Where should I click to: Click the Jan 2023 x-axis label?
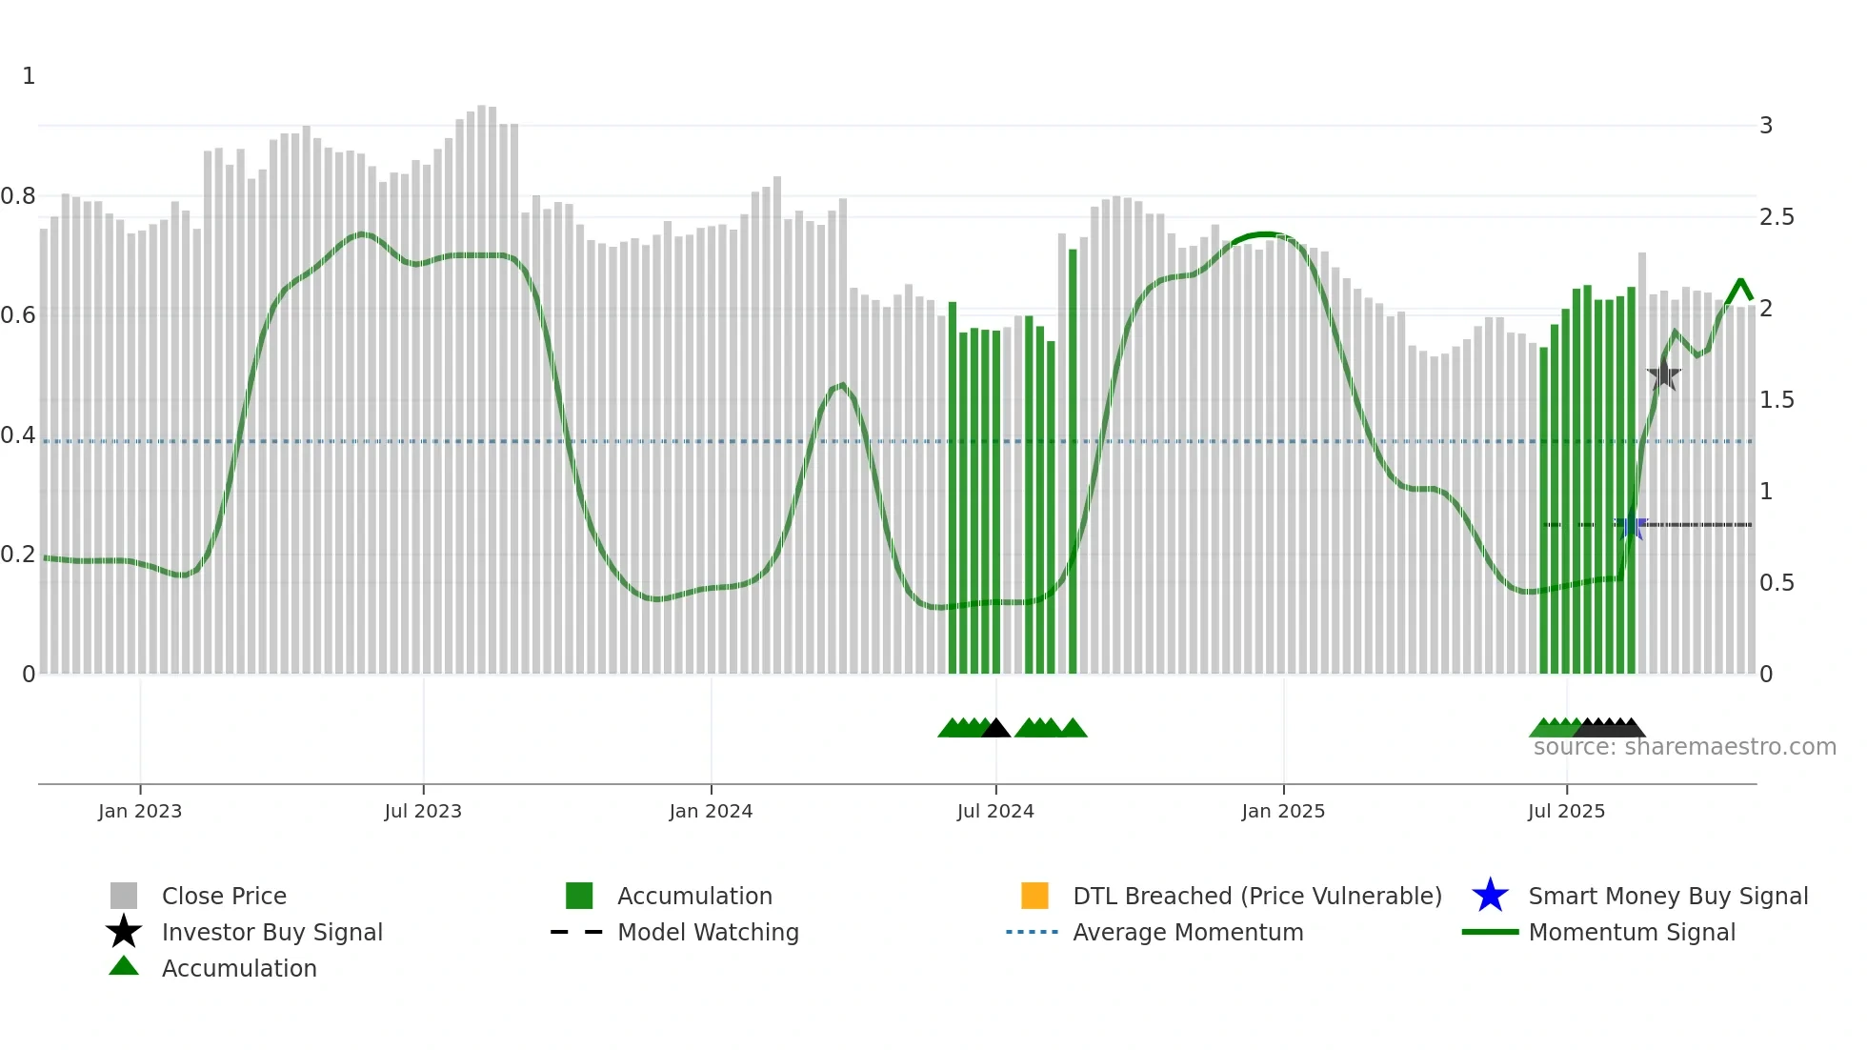[x=139, y=811]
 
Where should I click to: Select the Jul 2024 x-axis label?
[x=994, y=811]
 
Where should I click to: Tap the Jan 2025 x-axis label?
[x=1282, y=811]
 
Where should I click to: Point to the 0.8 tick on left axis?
[x=18, y=196]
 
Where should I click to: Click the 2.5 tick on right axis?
[x=1776, y=217]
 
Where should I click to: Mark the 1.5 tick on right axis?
[x=1776, y=400]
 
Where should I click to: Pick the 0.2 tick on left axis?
[x=18, y=555]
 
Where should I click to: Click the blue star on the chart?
[x=1632, y=525]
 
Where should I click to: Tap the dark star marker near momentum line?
[x=1663, y=374]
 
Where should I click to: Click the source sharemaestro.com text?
[x=1684, y=747]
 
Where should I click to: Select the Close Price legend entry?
[x=224, y=896]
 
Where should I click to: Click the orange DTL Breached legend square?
[x=1034, y=896]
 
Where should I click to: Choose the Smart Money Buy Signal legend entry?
[x=1667, y=896]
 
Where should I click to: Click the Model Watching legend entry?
[x=707, y=932]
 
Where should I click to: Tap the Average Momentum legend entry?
[x=1187, y=932]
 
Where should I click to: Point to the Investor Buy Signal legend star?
[x=124, y=932]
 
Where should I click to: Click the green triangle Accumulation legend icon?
[x=124, y=967]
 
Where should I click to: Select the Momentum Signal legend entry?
[x=1631, y=932]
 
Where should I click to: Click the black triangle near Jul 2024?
[x=995, y=729]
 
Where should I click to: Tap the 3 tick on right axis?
[x=1765, y=126]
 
